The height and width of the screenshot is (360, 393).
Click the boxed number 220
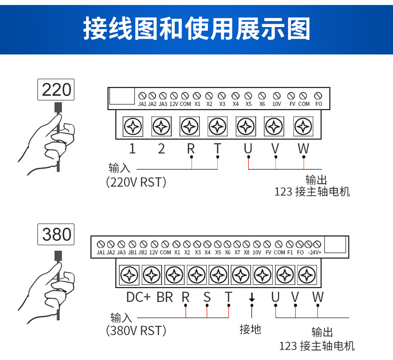56,90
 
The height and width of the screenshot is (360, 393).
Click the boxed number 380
56,235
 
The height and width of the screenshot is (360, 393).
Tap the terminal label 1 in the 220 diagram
132,148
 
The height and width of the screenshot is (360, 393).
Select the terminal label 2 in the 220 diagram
162,148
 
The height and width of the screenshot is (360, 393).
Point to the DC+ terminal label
138,297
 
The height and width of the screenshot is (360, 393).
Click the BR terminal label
165,297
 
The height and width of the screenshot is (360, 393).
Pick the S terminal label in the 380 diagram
207,297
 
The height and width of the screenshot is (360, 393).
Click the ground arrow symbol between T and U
251,298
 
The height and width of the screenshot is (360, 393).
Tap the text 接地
251,330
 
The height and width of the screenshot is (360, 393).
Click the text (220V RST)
136,182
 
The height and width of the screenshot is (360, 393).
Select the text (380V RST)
136,331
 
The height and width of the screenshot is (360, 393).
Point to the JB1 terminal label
133,252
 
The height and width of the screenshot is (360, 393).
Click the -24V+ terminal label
314,252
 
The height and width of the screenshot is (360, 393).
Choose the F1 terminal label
290,252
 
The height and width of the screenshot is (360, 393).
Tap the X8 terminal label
247,252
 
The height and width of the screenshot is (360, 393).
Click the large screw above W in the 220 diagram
303,126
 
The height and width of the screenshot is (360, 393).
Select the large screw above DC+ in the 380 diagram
129,275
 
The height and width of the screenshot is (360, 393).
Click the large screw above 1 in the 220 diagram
133,126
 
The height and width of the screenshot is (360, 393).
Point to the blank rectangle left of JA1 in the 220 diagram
122,96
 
